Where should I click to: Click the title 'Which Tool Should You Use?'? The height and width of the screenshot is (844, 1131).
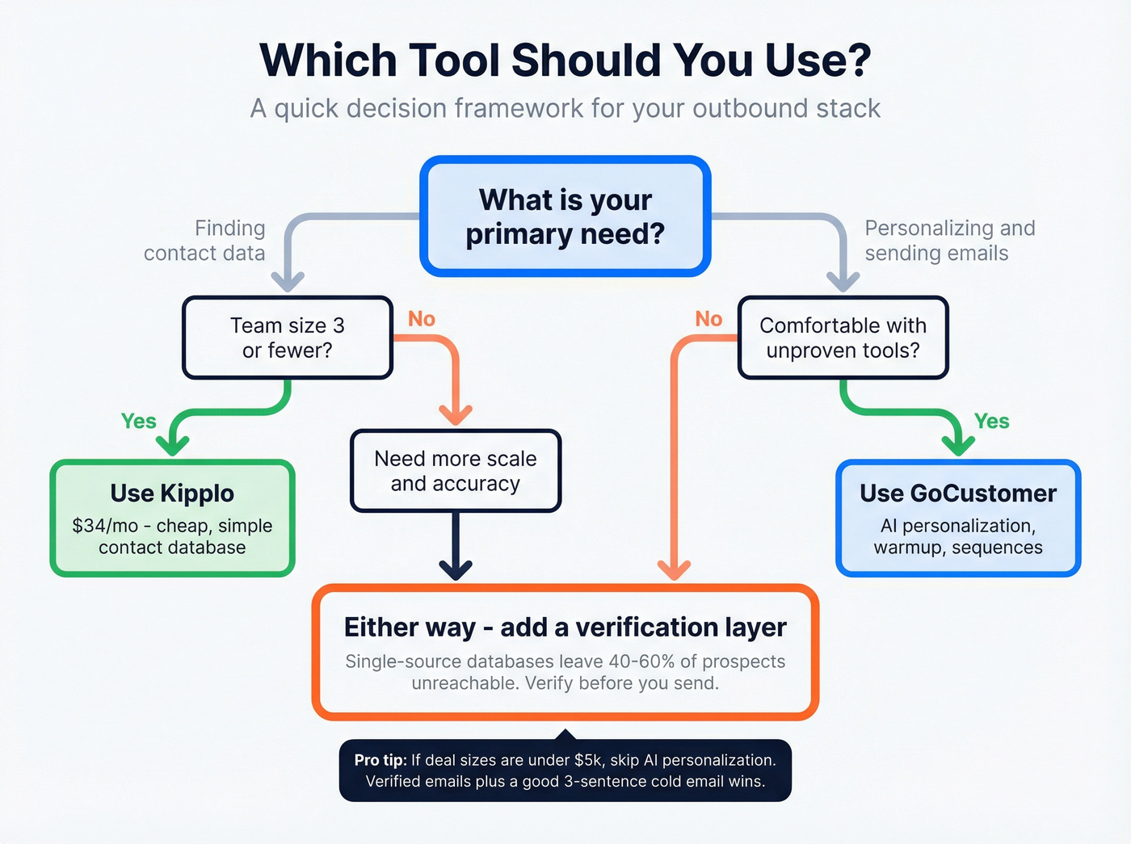pyautogui.click(x=565, y=60)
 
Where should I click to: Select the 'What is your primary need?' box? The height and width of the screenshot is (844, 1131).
pyautogui.click(x=565, y=216)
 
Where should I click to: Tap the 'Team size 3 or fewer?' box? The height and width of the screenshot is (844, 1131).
pyautogui.click(x=288, y=338)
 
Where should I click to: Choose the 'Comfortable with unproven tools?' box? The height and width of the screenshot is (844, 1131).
pyautogui.click(x=843, y=338)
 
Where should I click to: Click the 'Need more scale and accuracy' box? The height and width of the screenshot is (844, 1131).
pyautogui.click(x=456, y=471)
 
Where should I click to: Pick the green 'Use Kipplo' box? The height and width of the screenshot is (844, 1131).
pyautogui.click(x=172, y=518)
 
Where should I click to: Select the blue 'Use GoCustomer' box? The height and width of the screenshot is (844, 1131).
pyautogui.click(x=958, y=518)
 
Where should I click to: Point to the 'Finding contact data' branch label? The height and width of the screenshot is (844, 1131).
pyautogui.click(x=204, y=241)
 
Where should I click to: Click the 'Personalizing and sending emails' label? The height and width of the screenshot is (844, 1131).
pyautogui.click(x=949, y=241)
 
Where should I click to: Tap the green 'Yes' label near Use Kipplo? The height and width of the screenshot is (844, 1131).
pyautogui.click(x=138, y=421)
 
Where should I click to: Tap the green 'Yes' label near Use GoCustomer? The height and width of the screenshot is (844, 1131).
pyautogui.click(x=991, y=421)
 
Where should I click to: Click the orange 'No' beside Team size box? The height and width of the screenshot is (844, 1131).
pyautogui.click(x=422, y=319)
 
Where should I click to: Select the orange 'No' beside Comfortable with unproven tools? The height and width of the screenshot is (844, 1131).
pyautogui.click(x=708, y=319)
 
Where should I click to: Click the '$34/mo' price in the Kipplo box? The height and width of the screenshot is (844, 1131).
pyautogui.click(x=105, y=526)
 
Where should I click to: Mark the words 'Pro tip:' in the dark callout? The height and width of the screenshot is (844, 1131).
pyautogui.click(x=381, y=760)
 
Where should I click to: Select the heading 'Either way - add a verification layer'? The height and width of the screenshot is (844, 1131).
pyautogui.click(x=565, y=627)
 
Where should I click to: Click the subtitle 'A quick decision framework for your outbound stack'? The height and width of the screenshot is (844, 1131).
pyautogui.click(x=565, y=108)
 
